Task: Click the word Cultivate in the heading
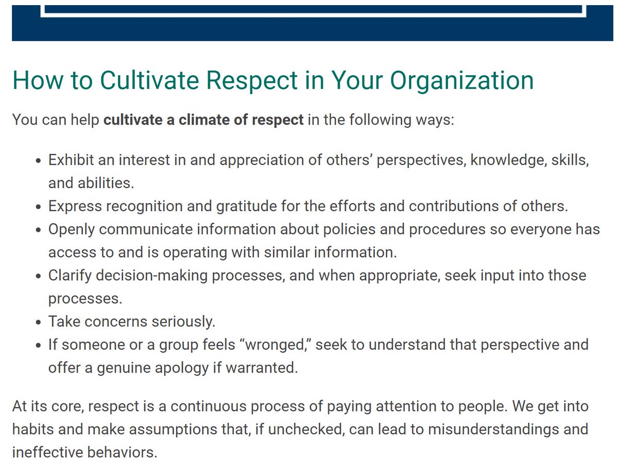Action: pos(149,80)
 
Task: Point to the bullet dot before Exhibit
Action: pos(39,161)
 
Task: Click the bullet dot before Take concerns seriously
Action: pos(39,323)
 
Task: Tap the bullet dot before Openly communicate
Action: pos(39,230)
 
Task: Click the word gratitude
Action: pos(246,207)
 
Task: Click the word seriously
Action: pos(183,322)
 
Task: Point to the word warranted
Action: pos(262,368)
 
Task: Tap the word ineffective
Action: pos(47,452)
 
